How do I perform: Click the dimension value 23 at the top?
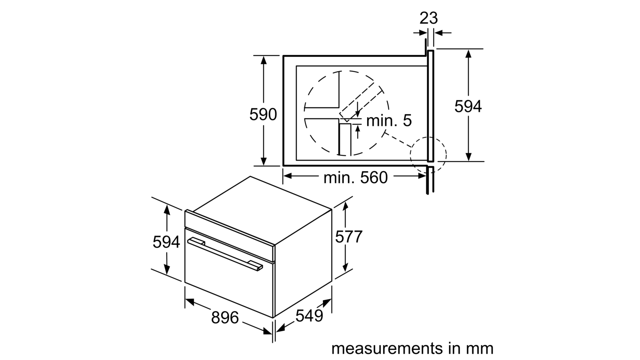[x=428, y=18]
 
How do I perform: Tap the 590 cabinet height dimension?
[x=263, y=114]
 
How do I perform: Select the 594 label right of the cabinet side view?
[x=468, y=106]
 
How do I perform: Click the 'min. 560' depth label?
[x=356, y=178]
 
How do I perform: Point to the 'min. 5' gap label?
[x=389, y=120]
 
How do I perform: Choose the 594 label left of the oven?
[x=166, y=242]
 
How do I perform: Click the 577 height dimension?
[x=348, y=236]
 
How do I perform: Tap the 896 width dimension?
[x=225, y=318]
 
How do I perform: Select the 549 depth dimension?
[x=309, y=316]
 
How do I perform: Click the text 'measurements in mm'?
[x=412, y=348]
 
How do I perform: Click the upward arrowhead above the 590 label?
[x=264, y=60]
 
